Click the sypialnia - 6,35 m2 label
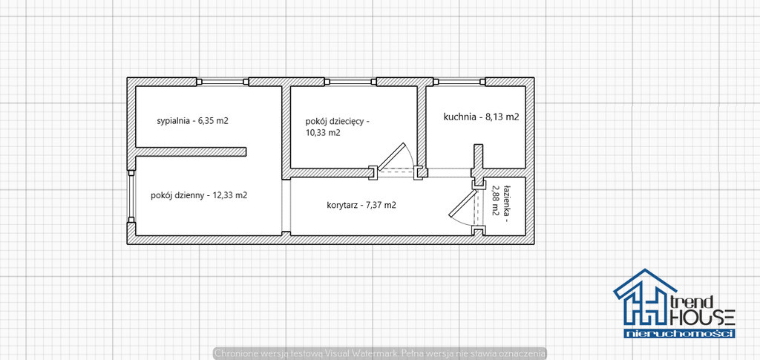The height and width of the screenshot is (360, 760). coord(192,121)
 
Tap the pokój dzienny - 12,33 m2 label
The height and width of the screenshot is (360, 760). coord(199,196)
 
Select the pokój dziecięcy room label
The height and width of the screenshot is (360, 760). coord(337,126)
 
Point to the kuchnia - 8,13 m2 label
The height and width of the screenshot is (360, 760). coord(481,117)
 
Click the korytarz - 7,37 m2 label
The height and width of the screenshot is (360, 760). coord(361,205)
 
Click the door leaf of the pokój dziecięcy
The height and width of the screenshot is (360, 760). coord(391,157)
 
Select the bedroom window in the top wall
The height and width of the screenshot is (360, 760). coord(223,82)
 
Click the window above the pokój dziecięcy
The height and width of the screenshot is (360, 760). coord(350,82)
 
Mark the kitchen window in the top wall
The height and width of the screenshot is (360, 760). coord(459,82)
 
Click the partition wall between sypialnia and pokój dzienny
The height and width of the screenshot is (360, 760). coord(191,151)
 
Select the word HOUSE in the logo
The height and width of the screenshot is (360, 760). coord(702,318)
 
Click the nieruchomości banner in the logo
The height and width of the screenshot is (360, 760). coord(680,333)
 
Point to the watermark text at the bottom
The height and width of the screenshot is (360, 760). coord(381,353)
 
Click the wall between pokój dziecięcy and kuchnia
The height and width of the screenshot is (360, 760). coord(422,127)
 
